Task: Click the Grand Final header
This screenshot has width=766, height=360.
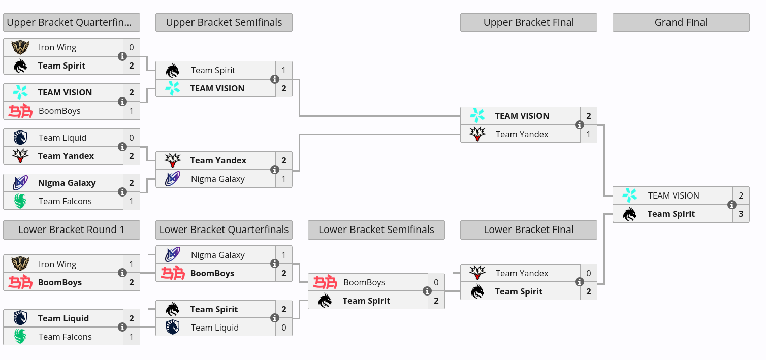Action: pyautogui.click(x=681, y=22)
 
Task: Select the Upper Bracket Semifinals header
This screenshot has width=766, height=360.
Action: pyautogui.click(x=224, y=22)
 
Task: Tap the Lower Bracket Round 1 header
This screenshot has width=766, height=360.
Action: pyautogui.click(x=72, y=230)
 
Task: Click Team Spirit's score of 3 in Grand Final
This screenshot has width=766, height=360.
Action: pyautogui.click(x=741, y=214)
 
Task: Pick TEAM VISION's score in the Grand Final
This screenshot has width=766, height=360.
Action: pyautogui.click(x=741, y=195)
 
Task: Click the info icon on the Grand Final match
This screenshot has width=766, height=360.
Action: pyautogui.click(x=732, y=205)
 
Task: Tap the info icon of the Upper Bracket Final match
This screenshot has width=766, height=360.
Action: pyautogui.click(x=579, y=125)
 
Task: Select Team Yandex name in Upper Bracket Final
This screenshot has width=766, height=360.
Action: pyautogui.click(x=522, y=135)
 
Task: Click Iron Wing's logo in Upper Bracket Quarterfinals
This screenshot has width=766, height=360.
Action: pyautogui.click(x=20, y=47)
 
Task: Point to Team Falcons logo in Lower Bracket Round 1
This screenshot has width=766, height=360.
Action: pyautogui.click(x=20, y=337)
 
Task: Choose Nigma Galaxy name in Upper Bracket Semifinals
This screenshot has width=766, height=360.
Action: pyautogui.click(x=218, y=179)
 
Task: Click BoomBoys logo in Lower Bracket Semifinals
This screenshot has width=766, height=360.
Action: pyautogui.click(x=325, y=282)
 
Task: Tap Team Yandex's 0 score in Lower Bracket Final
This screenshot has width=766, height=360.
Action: pyautogui.click(x=589, y=273)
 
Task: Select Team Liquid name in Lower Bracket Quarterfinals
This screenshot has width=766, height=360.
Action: pyautogui.click(x=215, y=328)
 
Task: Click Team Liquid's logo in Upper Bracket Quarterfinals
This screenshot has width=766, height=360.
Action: pyautogui.click(x=20, y=138)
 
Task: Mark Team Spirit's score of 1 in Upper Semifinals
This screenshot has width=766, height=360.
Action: pyautogui.click(x=284, y=70)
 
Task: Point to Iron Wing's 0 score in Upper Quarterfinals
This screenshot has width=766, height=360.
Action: pyautogui.click(x=132, y=47)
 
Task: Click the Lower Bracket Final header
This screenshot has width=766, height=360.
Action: pyautogui.click(x=529, y=230)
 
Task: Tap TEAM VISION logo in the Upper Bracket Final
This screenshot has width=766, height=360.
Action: pyautogui.click(x=477, y=116)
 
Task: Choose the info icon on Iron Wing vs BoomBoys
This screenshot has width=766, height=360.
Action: pyautogui.click(x=122, y=273)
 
